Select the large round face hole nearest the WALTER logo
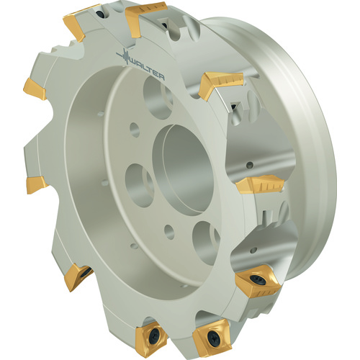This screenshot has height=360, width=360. click(158, 98)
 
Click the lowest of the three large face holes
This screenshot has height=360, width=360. click(207, 243)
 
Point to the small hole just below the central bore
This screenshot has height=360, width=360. click(169, 232)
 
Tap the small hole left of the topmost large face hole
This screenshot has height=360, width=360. click(135, 130)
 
